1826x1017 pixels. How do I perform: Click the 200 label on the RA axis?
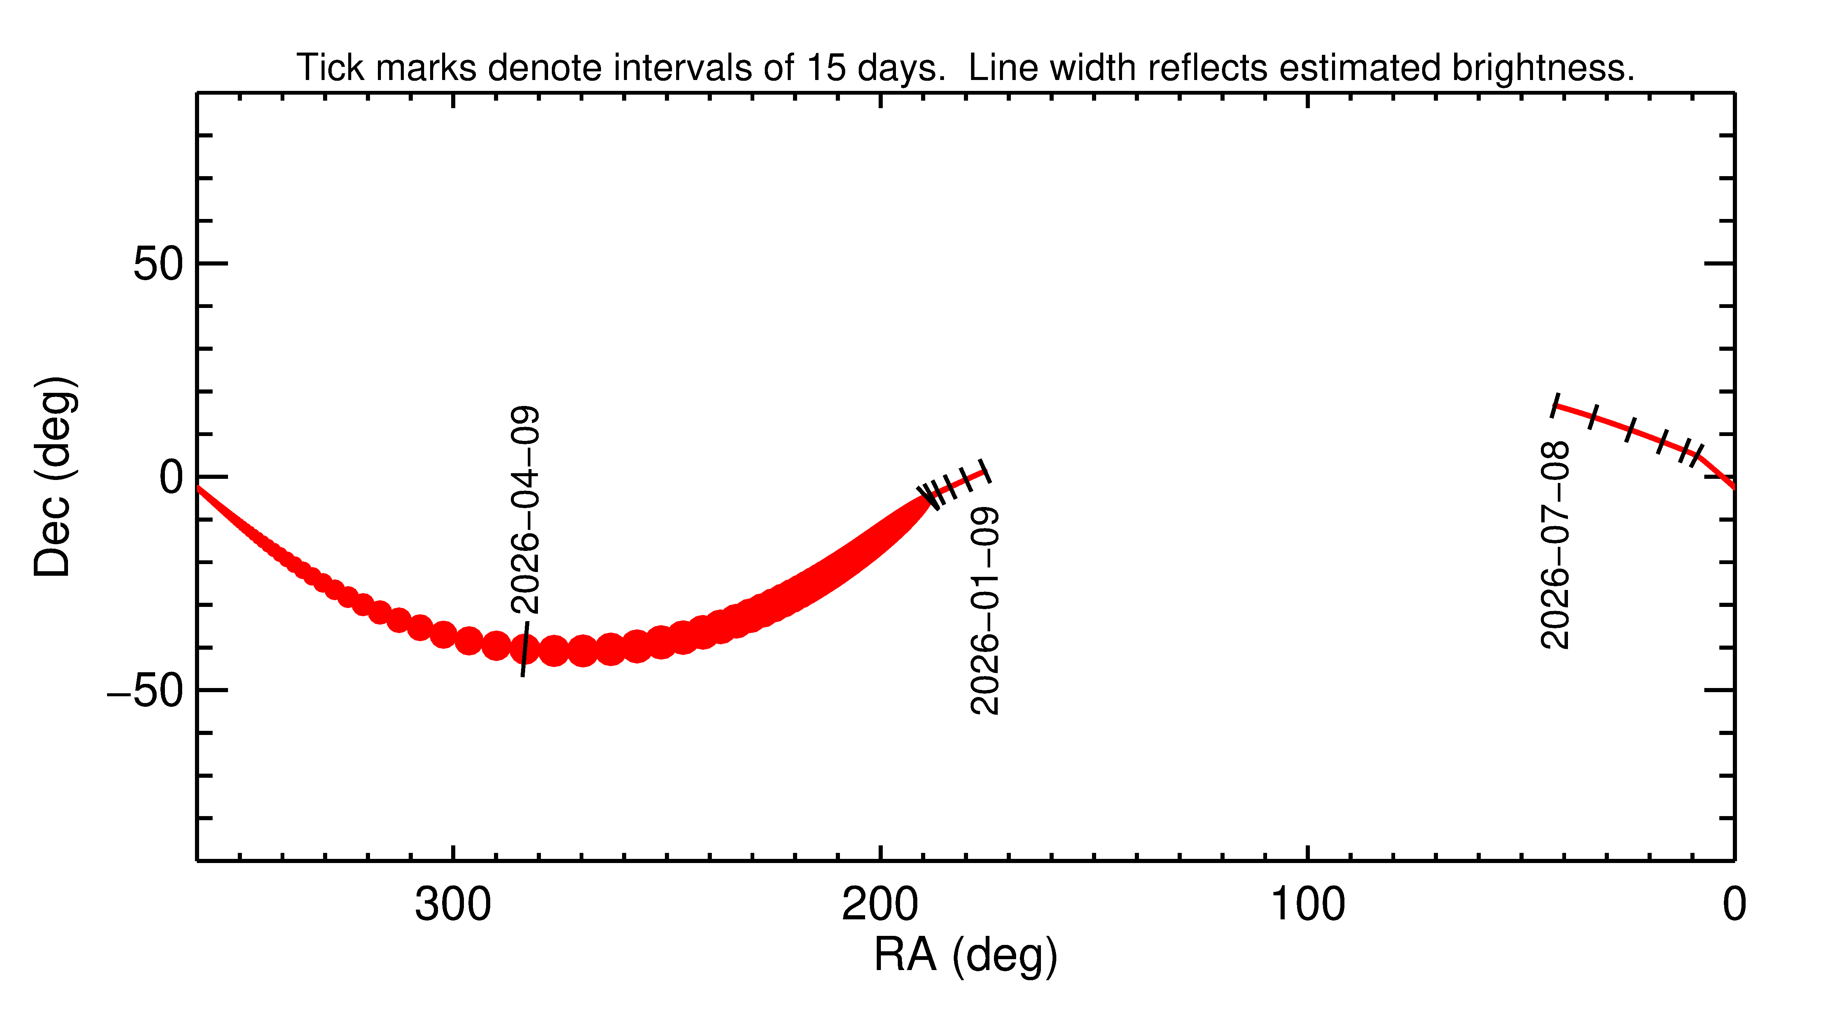click(880, 905)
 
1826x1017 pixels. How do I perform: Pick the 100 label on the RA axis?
click(1307, 905)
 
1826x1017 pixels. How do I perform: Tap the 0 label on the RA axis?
click(1734, 905)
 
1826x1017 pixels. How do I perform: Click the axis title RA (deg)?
click(965, 955)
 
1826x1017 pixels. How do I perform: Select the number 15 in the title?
click(826, 68)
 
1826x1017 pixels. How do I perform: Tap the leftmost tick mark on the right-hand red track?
click(1555, 405)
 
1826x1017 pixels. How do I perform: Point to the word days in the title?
click(901, 68)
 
